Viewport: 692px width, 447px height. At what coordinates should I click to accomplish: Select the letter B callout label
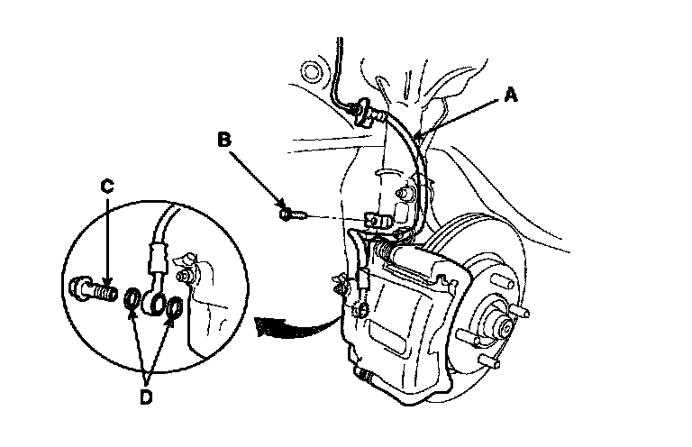pos(224,141)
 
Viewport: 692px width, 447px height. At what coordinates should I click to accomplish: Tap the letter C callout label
pos(107,187)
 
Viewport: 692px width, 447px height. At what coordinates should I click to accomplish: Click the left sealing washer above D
pos(132,298)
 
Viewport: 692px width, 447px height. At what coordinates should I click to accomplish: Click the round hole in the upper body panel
pos(313,68)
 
